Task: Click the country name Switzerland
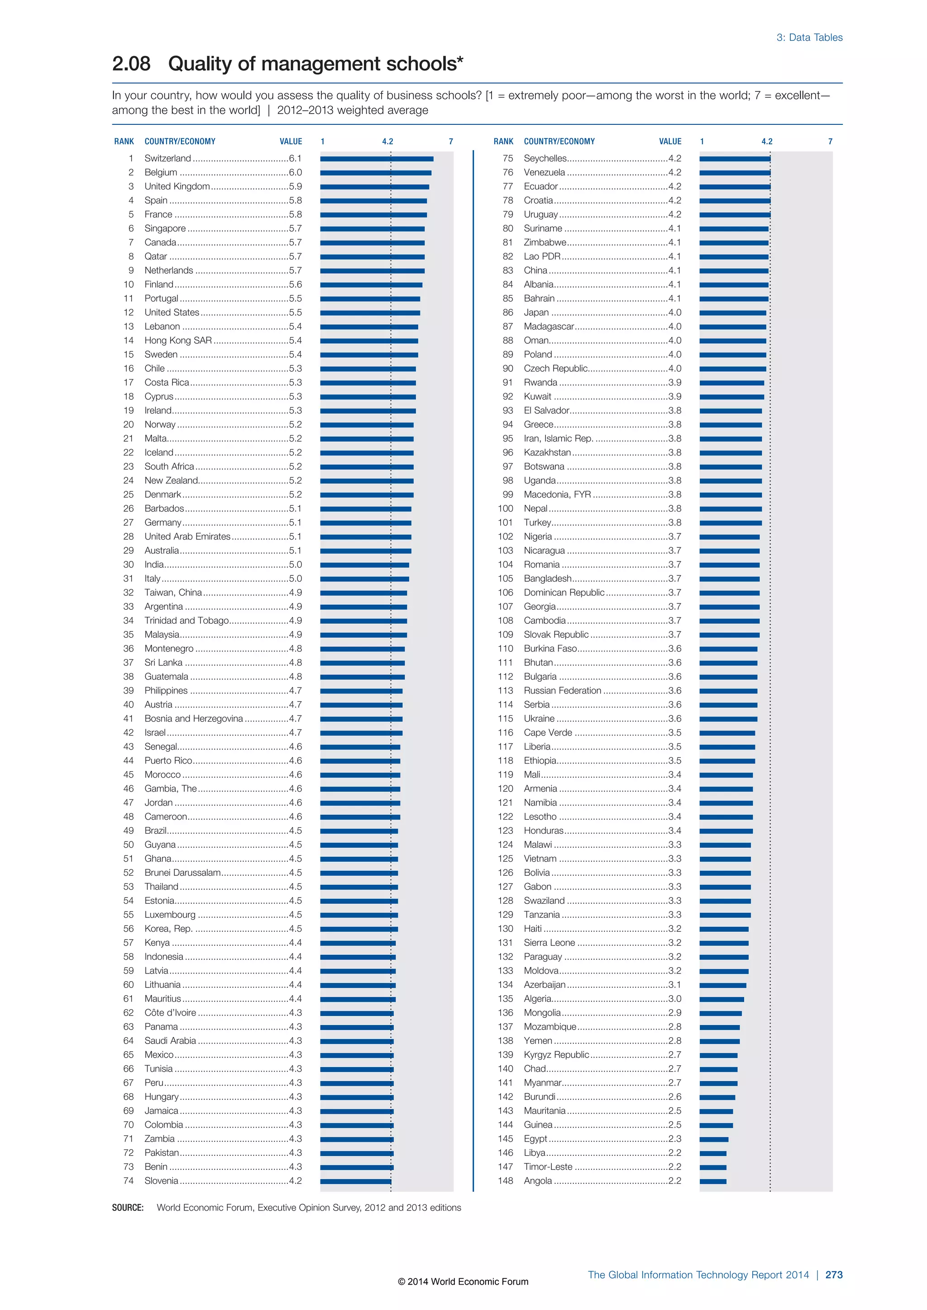[167, 158]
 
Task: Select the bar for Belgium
[375, 173]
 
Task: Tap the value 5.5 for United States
[295, 313]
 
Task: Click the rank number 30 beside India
[129, 564]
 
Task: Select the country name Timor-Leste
[547, 1167]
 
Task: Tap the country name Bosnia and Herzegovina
[194, 718]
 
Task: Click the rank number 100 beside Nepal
[505, 508]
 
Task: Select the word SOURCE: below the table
[128, 1208]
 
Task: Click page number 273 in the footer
[833, 1275]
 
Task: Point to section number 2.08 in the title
[131, 64]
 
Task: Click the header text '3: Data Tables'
[809, 38]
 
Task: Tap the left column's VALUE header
[291, 142]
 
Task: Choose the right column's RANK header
[503, 142]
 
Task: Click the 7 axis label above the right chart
[830, 142]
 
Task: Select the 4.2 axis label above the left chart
[387, 142]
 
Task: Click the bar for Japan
[732, 313]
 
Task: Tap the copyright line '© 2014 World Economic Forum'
[463, 1282]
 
